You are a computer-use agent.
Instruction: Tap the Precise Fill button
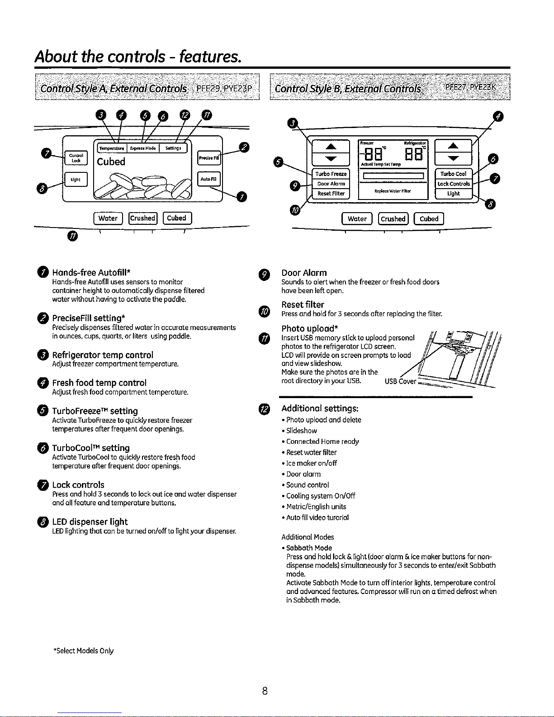click(208, 158)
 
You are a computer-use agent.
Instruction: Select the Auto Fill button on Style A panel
click(208, 179)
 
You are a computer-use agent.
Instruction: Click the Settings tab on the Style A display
click(173, 148)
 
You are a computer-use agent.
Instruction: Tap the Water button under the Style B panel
click(357, 219)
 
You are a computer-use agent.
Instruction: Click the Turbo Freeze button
click(331, 174)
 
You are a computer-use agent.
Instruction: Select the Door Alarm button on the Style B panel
click(331, 184)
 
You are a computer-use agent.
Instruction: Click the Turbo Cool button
click(453, 174)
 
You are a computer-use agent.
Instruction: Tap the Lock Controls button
click(453, 184)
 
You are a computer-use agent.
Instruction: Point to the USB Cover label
click(400, 381)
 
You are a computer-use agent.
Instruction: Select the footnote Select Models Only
click(84, 651)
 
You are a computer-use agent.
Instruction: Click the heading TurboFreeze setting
click(95, 411)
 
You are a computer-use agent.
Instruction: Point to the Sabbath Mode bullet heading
click(309, 548)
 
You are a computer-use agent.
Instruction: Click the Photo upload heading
click(310, 328)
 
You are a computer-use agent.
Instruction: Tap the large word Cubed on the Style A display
click(111, 161)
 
